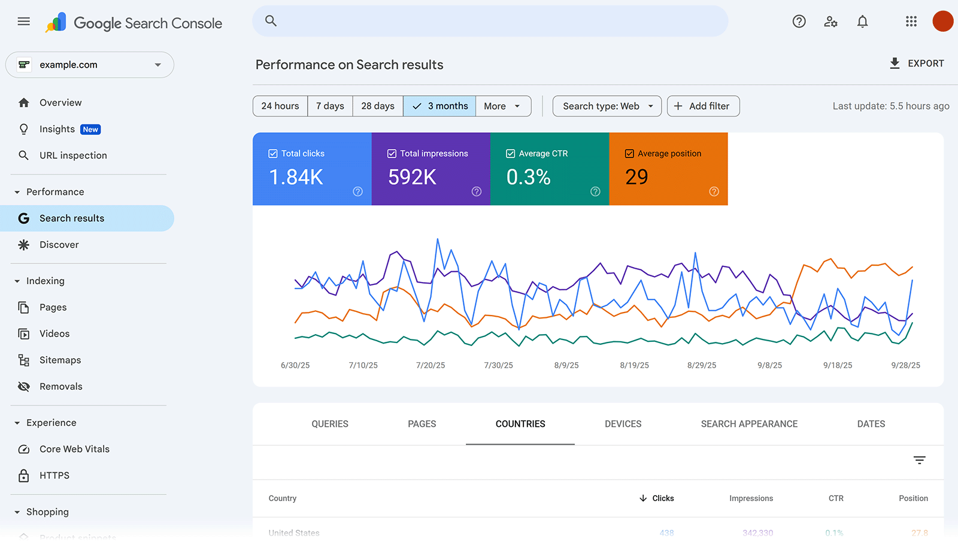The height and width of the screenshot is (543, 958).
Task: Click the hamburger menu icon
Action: (24, 22)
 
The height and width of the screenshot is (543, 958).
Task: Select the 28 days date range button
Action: (377, 106)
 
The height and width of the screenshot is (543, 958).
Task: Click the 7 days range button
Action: (330, 106)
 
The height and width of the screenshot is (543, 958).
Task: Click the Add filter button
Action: (703, 106)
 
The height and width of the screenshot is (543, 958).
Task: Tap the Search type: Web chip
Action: (607, 106)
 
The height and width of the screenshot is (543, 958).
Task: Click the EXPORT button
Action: (917, 63)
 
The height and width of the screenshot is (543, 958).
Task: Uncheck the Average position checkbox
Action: (629, 154)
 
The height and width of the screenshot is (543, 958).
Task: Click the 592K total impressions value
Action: (412, 177)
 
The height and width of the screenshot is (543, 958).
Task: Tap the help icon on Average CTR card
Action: (595, 192)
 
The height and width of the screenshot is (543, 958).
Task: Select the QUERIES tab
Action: (330, 424)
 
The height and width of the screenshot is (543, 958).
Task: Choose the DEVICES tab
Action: (623, 424)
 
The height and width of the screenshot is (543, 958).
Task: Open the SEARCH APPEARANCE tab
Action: (749, 424)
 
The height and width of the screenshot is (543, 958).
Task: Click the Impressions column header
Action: (751, 498)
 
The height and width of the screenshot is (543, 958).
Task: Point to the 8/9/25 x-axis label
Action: (566, 365)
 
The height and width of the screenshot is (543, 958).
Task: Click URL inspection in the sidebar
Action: (73, 156)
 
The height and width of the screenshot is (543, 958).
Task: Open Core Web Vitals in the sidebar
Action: (74, 449)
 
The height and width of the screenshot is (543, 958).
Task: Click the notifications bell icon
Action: (862, 22)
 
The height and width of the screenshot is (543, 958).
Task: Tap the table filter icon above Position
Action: (919, 460)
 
